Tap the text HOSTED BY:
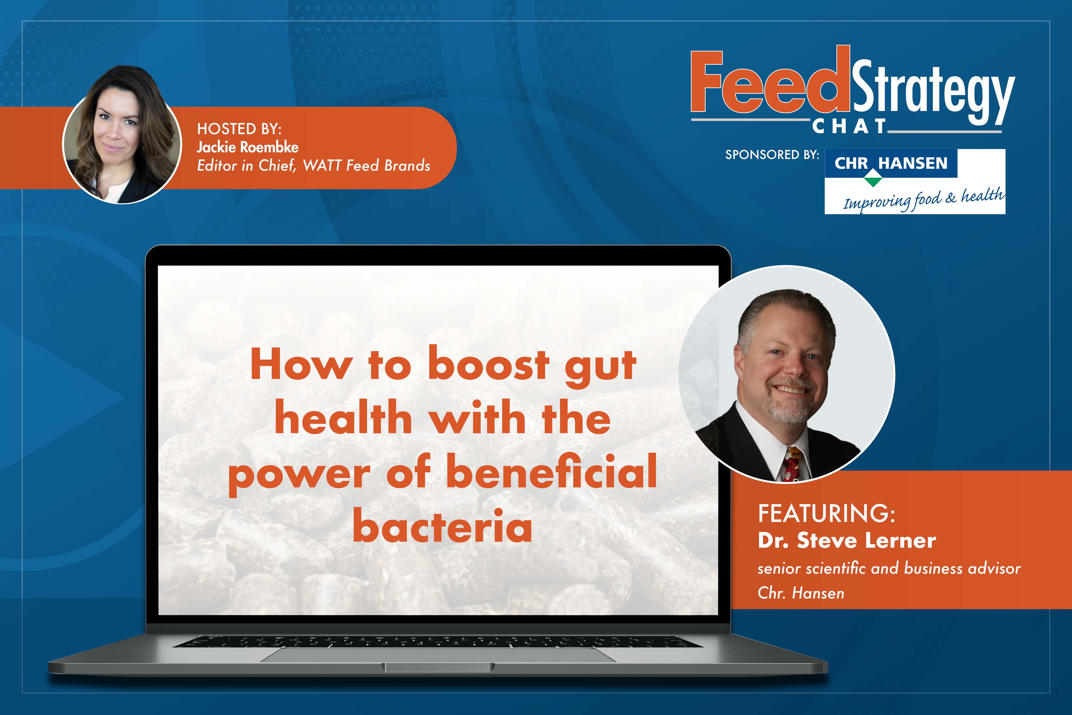pos(239,129)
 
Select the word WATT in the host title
pos(321,166)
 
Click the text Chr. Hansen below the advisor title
pos(801,593)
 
